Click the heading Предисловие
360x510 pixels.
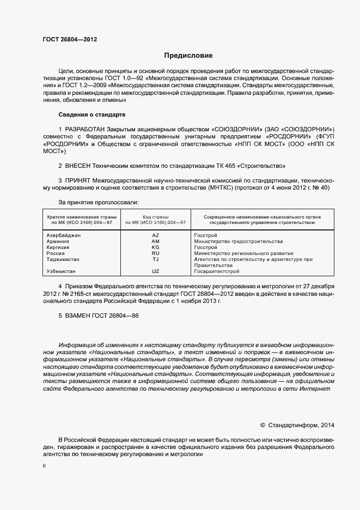[x=188, y=56]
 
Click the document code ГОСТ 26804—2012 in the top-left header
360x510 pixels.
[x=70, y=40]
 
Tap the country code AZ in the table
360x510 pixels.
[x=155, y=235]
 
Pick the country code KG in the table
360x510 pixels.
[x=155, y=247]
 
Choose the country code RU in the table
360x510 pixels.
[x=155, y=253]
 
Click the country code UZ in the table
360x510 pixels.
[x=155, y=271]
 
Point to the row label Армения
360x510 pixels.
[x=58, y=241]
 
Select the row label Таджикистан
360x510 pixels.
[x=63, y=259]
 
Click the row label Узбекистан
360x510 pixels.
[x=61, y=271]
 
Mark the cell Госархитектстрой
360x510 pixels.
[x=216, y=271]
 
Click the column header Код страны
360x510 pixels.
[x=155, y=216]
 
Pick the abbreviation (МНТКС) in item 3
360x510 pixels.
[x=220, y=187]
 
